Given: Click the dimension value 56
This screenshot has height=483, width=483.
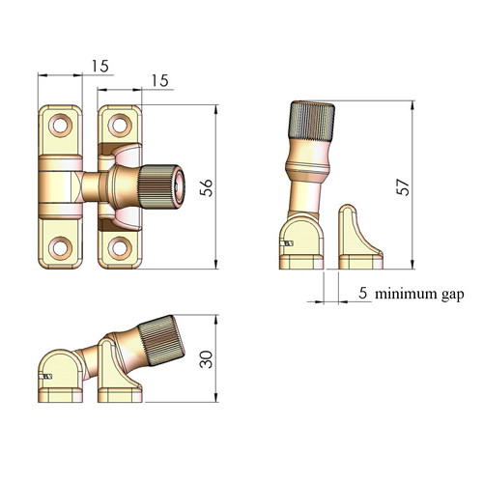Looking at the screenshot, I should click(x=206, y=187).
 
